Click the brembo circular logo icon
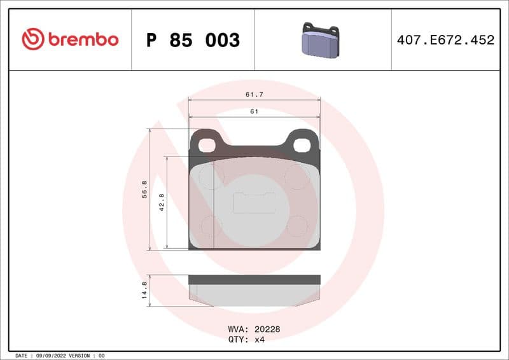pyautogui.click(x=32, y=39)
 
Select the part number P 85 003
pyautogui.click(x=193, y=40)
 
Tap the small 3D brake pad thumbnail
pyautogui.click(x=321, y=40)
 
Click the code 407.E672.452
pyautogui.click(x=445, y=40)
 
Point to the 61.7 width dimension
pyautogui.click(x=254, y=94)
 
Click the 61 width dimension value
pyautogui.click(x=254, y=111)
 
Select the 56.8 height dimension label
pyautogui.click(x=144, y=189)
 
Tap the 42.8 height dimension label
pyautogui.click(x=162, y=202)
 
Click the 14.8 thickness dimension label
pyautogui.click(x=144, y=291)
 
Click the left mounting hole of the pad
pyautogui.click(x=207, y=145)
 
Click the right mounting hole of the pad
pyautogui.click(x=302, y=145)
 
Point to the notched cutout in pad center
pyautogui.click(x=254, y=203)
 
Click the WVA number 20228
pyautogui.click(x=267, y=329)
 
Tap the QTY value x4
pyautogui.click(x=259, y=339)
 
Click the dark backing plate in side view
pyautogui.click(x=254, y=279)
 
